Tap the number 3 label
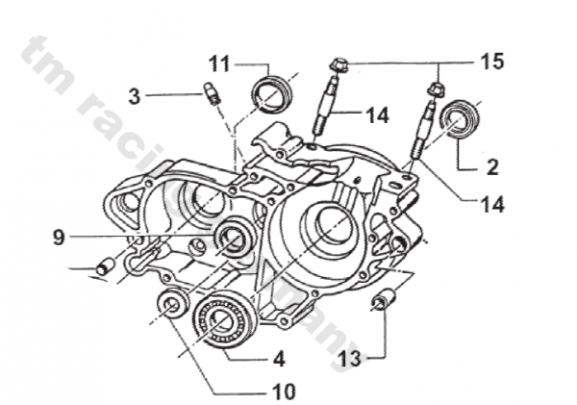pyautogui.click(x=135, y=95)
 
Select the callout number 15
pyautogui.click(x=491, y=63)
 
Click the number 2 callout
pyautogui.click(x=491, y=166)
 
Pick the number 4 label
pyautogui.click(x=278, y=360)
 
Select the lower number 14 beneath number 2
pyautogui.click(x=491, y=204)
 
